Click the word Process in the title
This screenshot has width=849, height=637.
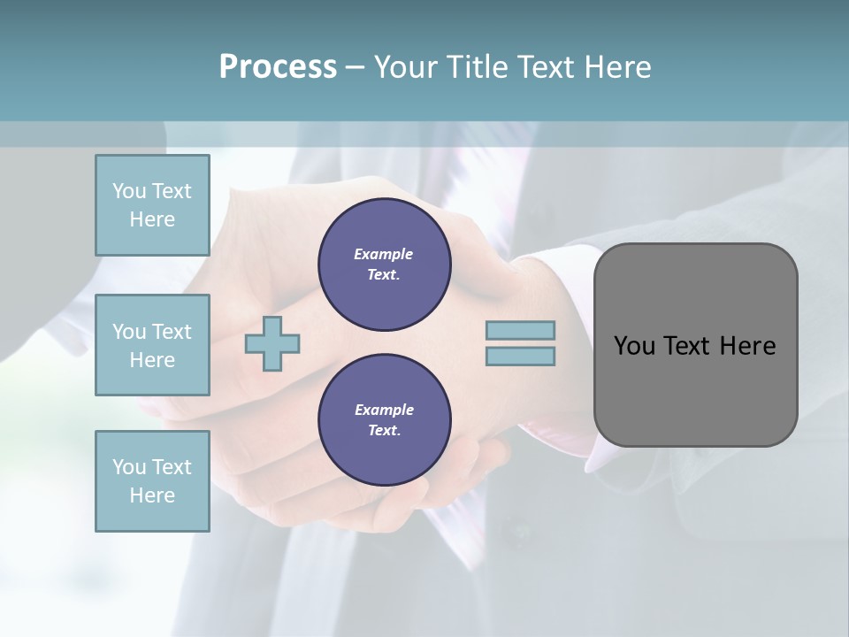(278, 67)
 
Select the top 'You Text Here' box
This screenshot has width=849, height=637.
(152, 205)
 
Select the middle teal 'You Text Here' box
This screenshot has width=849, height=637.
(152, 345)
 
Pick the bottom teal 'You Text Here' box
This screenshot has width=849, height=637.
(152, 481)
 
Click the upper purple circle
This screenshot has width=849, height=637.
(385, 265)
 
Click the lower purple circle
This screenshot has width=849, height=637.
(385, 420)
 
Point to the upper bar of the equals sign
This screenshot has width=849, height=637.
(520, 331)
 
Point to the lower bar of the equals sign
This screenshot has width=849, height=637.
(520, 357)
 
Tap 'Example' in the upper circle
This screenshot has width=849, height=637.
(384, 254)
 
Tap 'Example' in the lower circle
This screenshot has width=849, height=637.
(384, 410)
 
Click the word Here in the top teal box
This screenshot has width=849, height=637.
(152, 219)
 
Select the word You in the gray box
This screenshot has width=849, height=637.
(634, 346)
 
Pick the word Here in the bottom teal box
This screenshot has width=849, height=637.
(152, 495)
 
